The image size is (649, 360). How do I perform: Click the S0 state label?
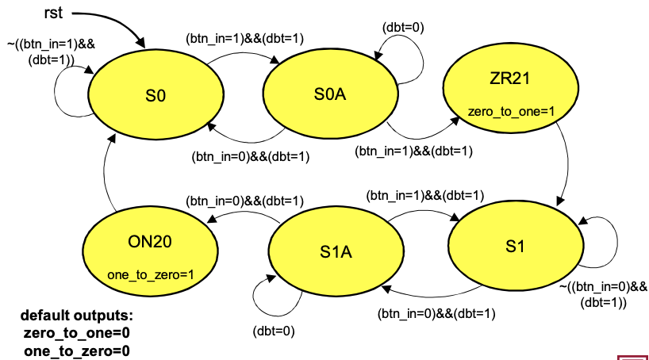[156, 96]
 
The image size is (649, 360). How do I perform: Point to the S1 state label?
[515, 247]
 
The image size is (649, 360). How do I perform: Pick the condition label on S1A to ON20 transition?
[234, 201]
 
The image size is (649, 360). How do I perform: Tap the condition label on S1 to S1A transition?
[436, 312]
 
